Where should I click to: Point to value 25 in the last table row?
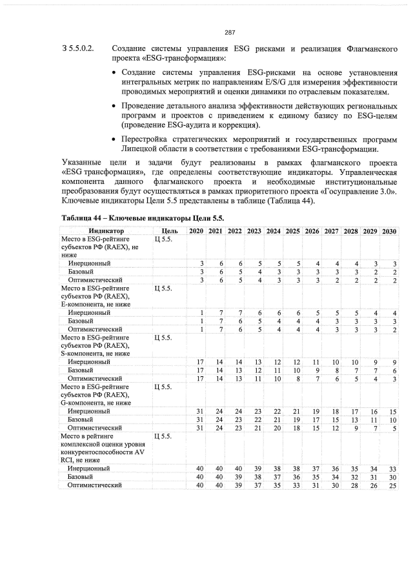(393, 485)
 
